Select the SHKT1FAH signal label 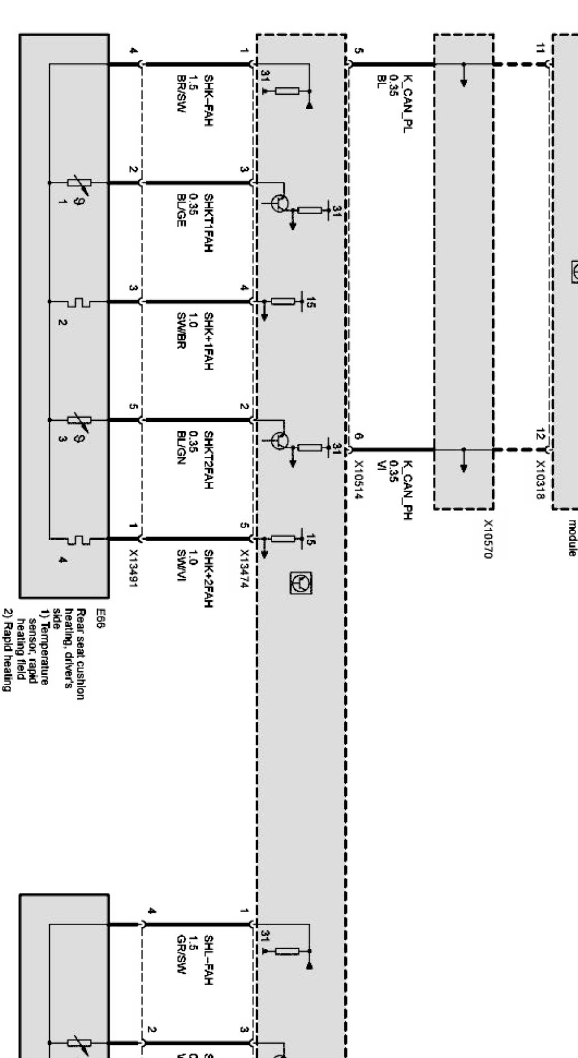click(209, 223)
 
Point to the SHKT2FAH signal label click(209, 461)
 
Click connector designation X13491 click(133, 568)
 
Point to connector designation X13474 click(244, 568)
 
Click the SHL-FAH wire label click(209, 960)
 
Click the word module click(572, 537)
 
